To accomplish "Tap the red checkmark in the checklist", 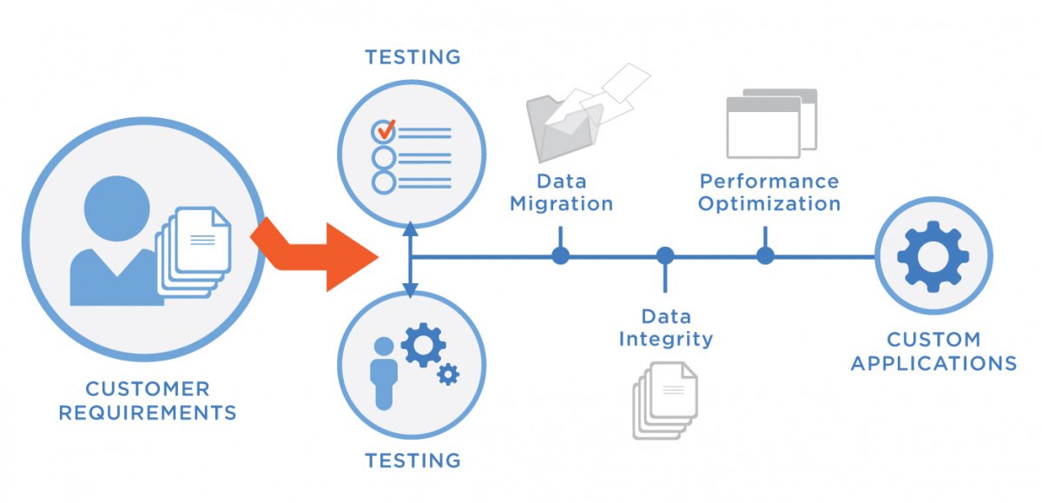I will click(x=385, y=130).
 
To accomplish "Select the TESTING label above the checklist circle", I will click(x=412, y=57).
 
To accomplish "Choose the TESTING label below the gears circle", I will click(x=412, y=460).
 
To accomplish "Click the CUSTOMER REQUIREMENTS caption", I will click(x=147, y=400).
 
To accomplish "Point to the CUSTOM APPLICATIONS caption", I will click(x=933, y=351).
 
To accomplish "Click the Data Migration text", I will click(x=561, y=193).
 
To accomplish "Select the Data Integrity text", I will click(x=665, y=328).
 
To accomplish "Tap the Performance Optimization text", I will click(x=769, y=193).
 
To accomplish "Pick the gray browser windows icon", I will click(x=770, y=123).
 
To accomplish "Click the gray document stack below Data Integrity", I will click(x=665, y=400).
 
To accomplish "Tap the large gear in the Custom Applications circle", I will click(x=933, y=255).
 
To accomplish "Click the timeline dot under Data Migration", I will click(x=561, y=256).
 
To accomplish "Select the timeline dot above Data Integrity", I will click(x=665, y=256).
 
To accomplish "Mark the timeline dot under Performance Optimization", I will click(x=765, y=256).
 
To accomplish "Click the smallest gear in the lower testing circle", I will click(x=449, y=374).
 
